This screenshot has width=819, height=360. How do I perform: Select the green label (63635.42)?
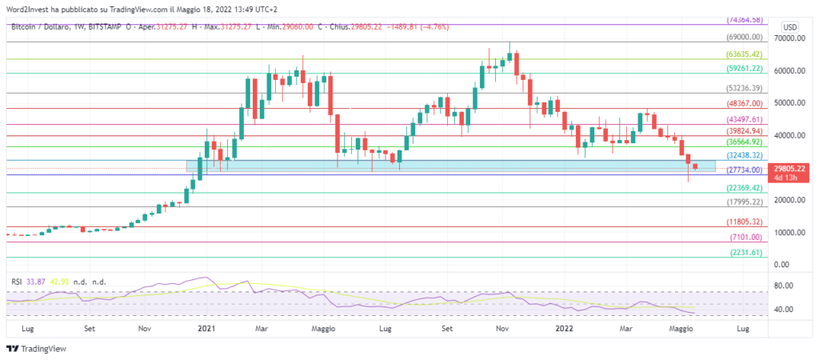pos(744,54)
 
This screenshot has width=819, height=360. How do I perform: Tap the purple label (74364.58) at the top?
pos(744,19)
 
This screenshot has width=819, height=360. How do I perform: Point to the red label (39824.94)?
pos(744,130)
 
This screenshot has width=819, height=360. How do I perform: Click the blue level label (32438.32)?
pos(744,155)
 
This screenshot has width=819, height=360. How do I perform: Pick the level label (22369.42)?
pos(744,188)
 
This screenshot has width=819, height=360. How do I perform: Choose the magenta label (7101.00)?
pos(745,238)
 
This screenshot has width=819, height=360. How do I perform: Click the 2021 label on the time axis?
pos(206,328)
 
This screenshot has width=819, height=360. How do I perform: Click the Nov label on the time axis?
pos(145,328)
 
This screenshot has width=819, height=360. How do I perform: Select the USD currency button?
pos(788,24)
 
